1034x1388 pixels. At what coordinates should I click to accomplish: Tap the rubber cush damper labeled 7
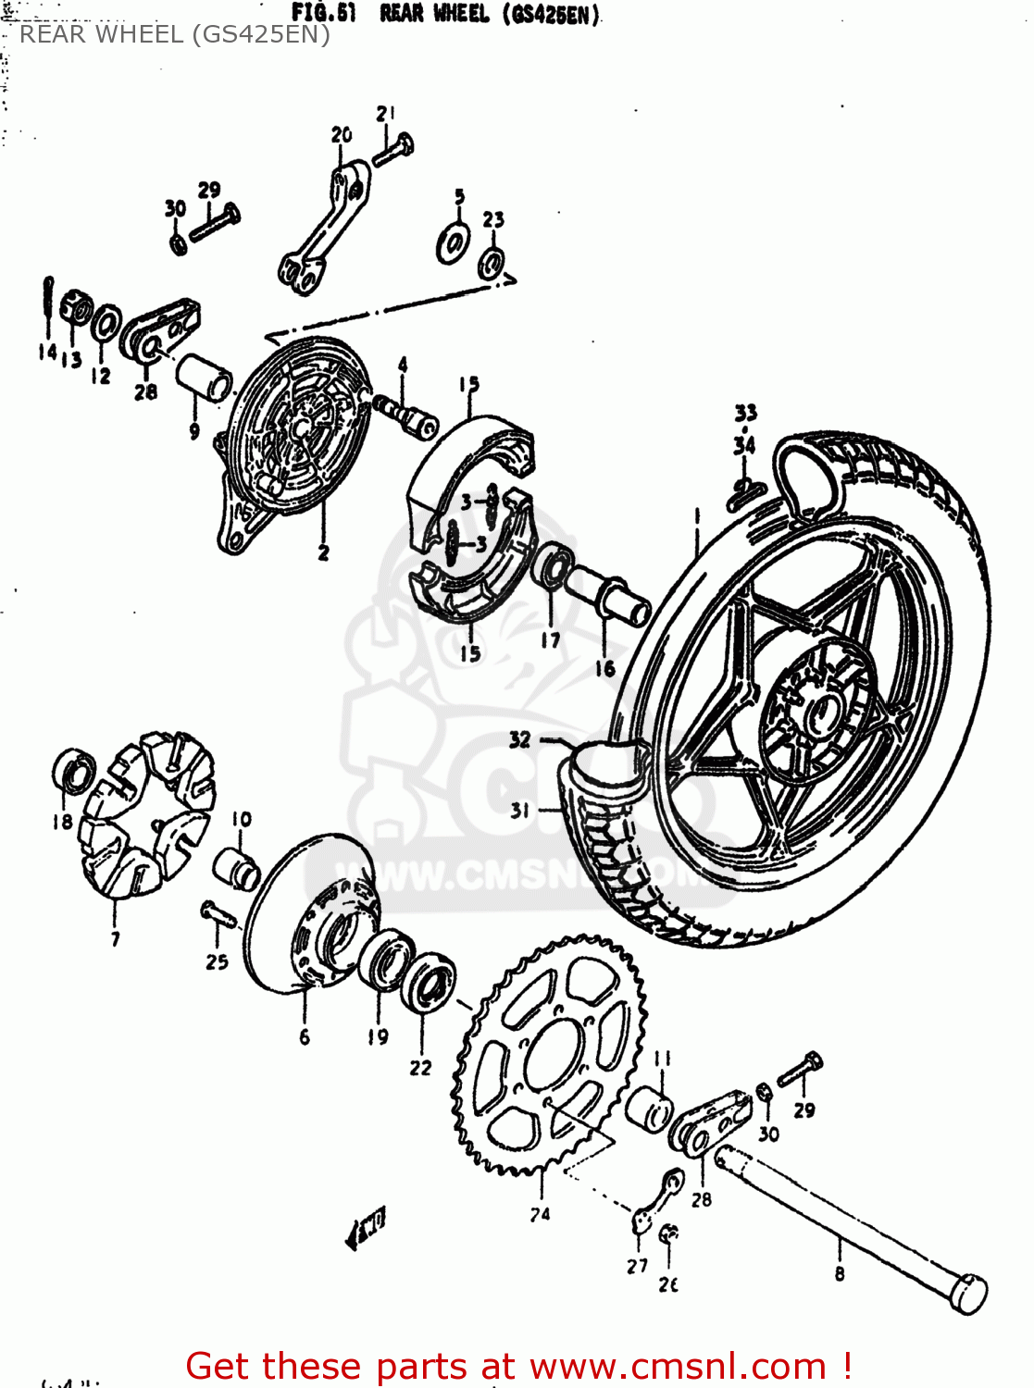[148, 814]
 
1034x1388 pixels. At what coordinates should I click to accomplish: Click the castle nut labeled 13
[76, 308]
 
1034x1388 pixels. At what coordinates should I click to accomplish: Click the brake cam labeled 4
[407, 416]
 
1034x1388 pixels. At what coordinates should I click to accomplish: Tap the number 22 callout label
[420, 1068]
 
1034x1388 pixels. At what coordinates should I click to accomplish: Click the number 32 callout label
[519, 739]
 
